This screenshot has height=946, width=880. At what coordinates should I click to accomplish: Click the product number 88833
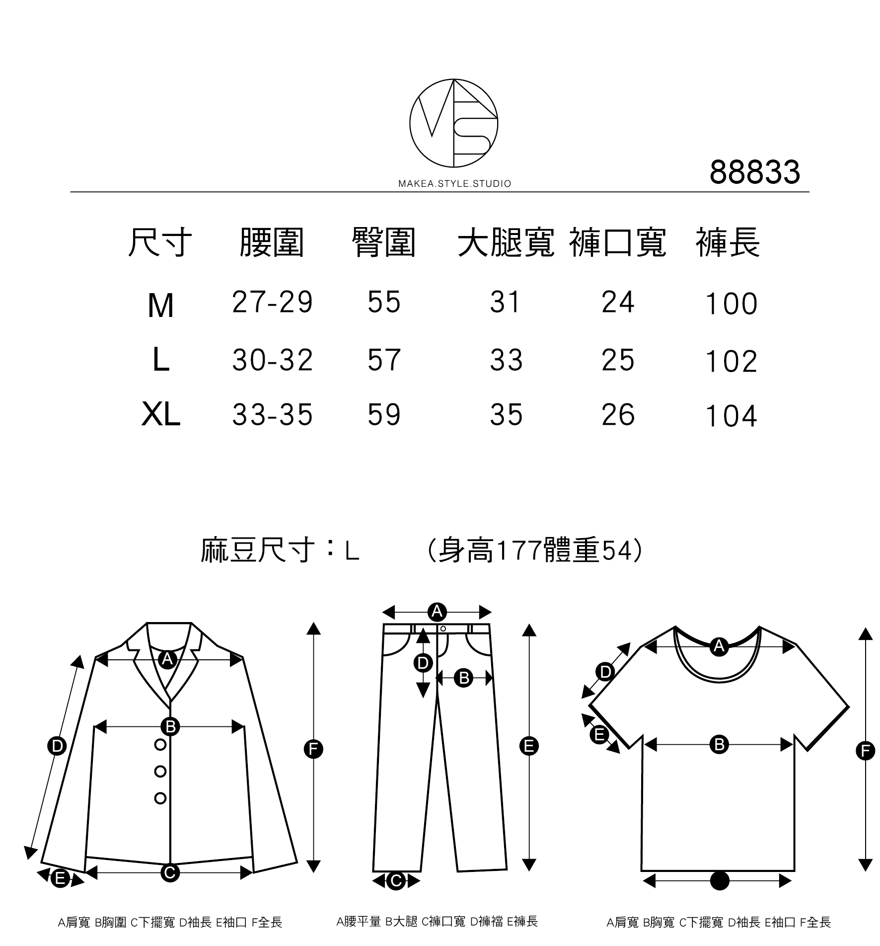coord(754,172)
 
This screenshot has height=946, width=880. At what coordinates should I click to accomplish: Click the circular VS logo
coord(453,123)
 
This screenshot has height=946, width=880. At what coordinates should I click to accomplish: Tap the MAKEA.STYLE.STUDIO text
coord(454,184)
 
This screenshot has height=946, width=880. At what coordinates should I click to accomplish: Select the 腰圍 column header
coord(271,243)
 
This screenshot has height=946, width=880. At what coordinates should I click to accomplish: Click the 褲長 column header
coord(728,243)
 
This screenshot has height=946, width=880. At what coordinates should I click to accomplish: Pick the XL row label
coord(160,415)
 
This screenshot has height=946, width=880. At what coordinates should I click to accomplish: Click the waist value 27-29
coord(272,302)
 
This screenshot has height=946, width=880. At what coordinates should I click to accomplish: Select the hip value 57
coord(384,360)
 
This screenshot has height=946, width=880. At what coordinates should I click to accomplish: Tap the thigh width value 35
coord(506,415)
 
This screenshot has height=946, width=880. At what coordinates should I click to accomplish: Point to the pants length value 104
coord(731,416)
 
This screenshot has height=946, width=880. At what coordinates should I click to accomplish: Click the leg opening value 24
coord(618,302)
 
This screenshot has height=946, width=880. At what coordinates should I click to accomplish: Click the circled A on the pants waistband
coord(437,612)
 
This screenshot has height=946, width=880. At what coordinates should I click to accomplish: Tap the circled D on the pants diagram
coord(423,663)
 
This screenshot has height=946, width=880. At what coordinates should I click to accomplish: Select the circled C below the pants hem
coord(396,881)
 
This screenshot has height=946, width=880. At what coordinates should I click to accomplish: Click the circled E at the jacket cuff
coord(60,879)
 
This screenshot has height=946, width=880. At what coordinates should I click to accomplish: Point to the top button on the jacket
coord(160,745)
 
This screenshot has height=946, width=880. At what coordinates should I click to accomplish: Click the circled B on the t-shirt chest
coord(719,745)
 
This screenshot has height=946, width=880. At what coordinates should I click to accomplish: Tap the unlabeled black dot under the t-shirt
coord(720,881)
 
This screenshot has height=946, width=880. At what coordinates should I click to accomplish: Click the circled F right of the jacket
coord(313,749)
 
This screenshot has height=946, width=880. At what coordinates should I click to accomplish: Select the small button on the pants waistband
coord(443,629)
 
